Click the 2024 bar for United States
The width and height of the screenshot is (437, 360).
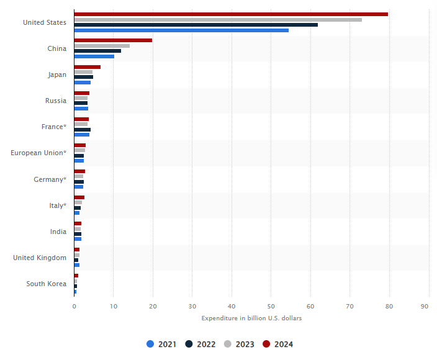pos(230,14)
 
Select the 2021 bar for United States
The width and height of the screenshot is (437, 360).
pos(181,30)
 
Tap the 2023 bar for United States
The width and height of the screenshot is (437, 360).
pos(217,20)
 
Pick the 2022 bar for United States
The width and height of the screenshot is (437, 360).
pos(196,25)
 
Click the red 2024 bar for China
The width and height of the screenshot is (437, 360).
pos(112,40)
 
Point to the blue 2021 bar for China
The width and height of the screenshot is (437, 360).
pos(94,56)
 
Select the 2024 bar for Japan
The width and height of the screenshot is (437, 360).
pos(87,67)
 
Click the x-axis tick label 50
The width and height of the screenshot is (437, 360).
pos(271,306)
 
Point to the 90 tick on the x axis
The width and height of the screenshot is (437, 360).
pos(428,306)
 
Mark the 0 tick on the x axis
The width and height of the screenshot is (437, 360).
pos(74,306)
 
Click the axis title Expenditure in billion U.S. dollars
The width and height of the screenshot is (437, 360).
pos(251,318)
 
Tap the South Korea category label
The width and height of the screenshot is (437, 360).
pos(46,284)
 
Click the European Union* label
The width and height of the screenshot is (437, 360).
pos(38,153)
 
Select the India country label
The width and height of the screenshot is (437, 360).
pos(58,232)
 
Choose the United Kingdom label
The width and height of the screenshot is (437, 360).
pos(40,258)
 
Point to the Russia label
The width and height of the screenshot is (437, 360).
pos(56,101)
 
